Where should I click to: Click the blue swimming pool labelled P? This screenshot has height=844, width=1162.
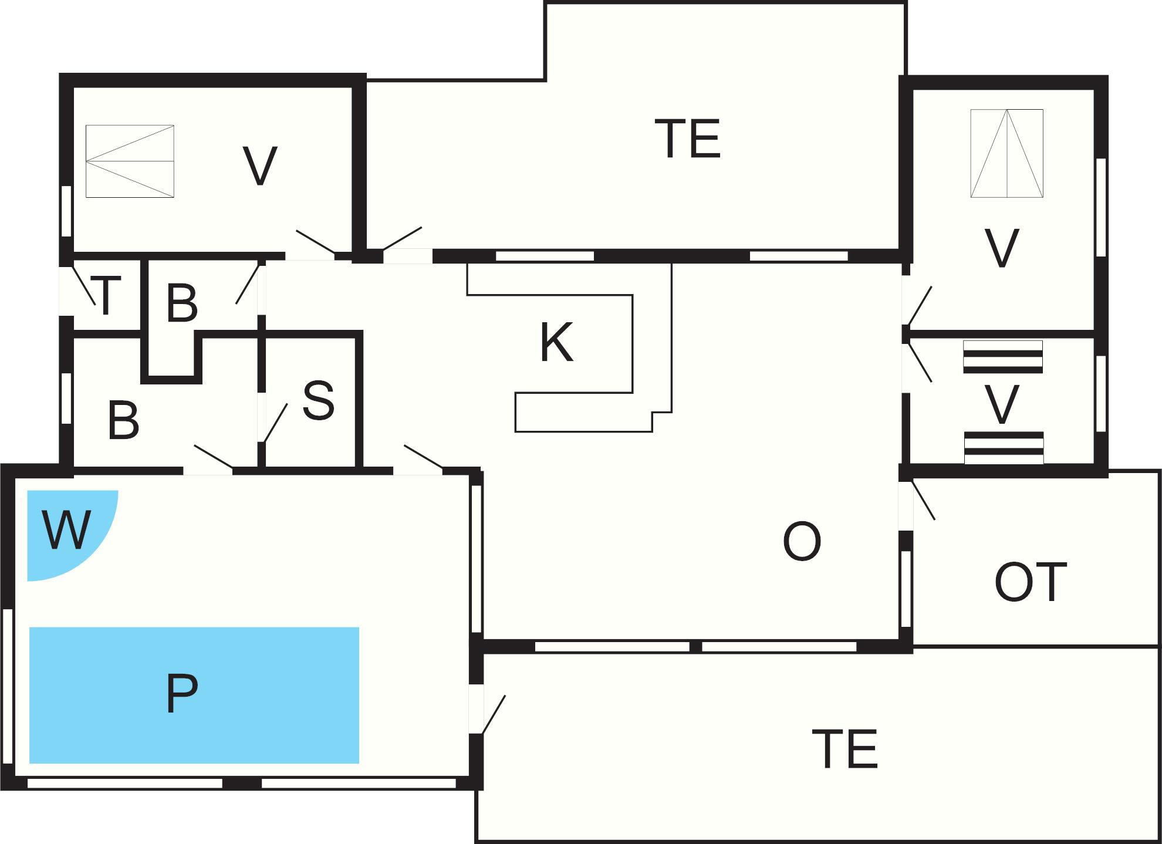[194, 695]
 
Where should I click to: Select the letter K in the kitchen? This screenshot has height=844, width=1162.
[556, 343]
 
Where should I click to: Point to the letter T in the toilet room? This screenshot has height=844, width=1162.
[106, 296]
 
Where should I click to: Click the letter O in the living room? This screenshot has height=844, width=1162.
[802, 542]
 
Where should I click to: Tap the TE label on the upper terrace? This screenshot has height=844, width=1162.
[688, 139]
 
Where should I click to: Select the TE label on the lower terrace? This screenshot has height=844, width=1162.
[845, 748]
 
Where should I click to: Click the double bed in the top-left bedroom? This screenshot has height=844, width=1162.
[130, 161]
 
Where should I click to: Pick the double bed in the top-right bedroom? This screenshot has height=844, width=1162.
[1006, 153]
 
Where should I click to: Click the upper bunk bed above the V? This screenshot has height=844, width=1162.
[1003, 357]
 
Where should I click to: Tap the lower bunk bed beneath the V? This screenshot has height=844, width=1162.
[1004, 448]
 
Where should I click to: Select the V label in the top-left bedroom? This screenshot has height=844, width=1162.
[259, 166]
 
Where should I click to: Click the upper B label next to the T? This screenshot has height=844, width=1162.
[181, 303]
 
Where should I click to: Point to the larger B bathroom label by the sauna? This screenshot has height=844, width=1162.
[124, 420]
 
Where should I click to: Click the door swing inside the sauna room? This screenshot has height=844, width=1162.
[275, 423]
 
